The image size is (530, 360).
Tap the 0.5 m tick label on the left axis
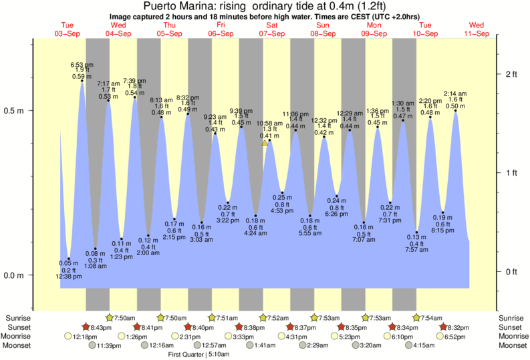(14, 111)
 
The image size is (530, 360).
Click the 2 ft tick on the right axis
(511, 74)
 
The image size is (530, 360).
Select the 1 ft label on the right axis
(511, 173)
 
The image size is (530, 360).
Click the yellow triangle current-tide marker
(265, 143)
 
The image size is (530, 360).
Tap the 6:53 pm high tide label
(81, 64)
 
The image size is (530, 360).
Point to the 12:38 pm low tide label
(69, 276)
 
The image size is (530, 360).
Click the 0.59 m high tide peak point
(82, 81)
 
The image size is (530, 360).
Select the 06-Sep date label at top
(221, 33)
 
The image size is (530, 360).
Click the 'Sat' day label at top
(272, 25)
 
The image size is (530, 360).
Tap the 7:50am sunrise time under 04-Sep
(126, 318)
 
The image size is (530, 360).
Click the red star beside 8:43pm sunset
(86, 327)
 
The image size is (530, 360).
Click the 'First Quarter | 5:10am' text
(199, 355)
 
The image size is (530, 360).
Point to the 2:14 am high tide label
(455, 93)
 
